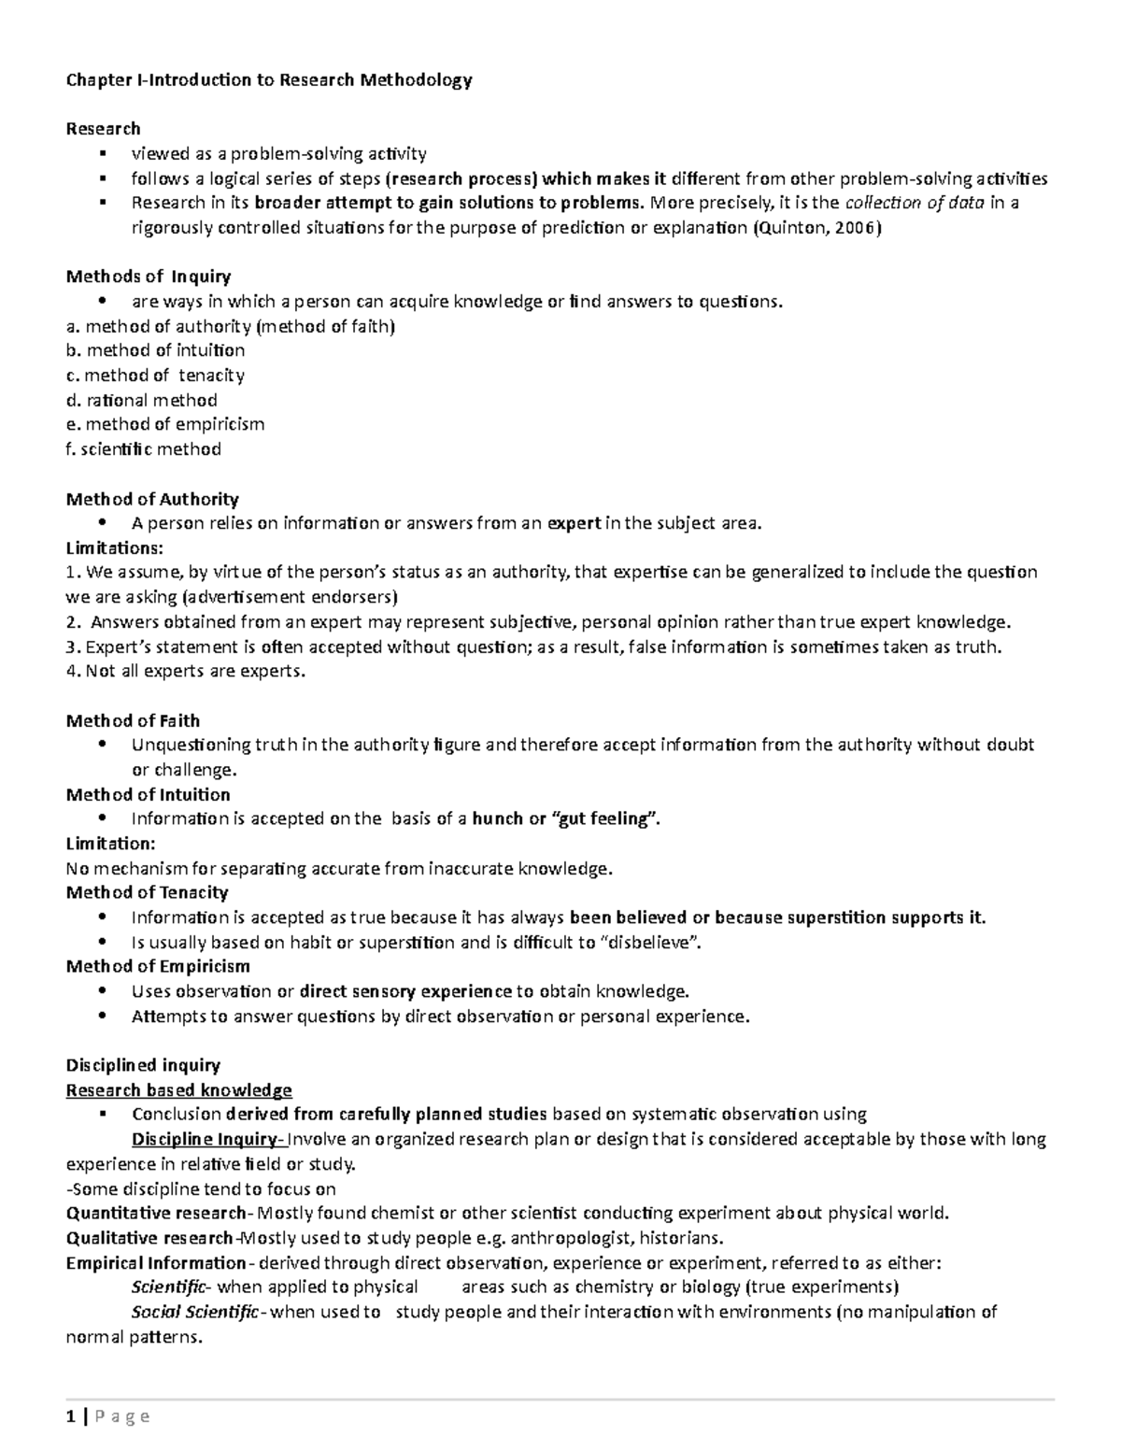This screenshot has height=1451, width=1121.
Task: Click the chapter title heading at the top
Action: [x=269, y=80]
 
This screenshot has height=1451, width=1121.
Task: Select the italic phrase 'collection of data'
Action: [x=914, y=204]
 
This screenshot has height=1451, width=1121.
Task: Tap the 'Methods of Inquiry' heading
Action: [x=149, y=277]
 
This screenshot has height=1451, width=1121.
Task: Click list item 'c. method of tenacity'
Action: [x=155, y=376]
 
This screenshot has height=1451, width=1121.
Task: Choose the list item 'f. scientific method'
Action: [x=144, y=449]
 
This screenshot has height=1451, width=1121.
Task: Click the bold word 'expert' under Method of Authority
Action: [x=574, y=523]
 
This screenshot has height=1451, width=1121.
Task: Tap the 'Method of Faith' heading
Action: [x=133, y=721]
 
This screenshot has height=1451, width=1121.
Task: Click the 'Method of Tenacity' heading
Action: [x=147, y=893]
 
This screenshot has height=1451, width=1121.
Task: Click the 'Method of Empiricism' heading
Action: [x=158, y=967]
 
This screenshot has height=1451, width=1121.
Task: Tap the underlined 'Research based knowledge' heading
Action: [x=178, y=1090]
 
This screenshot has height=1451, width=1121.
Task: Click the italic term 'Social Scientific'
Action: [x=195, y=1313]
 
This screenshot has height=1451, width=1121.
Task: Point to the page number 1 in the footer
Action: [x=70, y=1417]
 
